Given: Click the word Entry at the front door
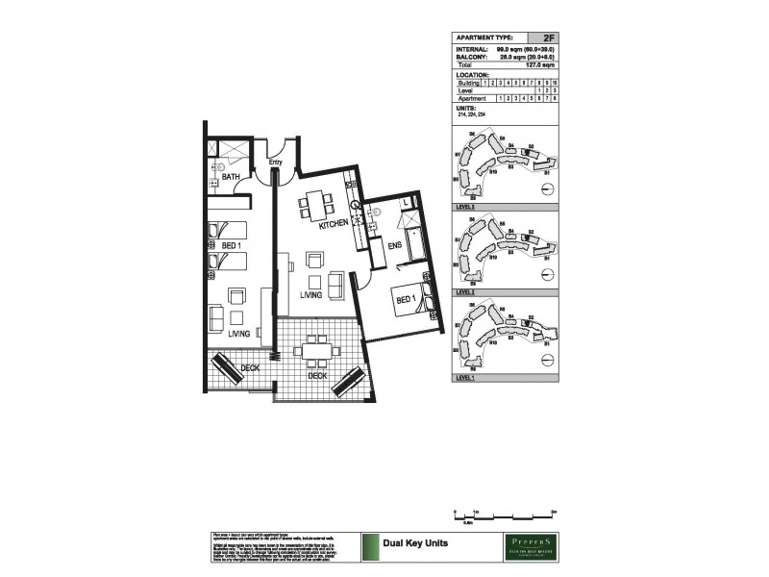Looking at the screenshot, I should point(276,163).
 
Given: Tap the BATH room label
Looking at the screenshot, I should point(231,178).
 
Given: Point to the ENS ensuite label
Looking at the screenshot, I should point(394,246).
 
